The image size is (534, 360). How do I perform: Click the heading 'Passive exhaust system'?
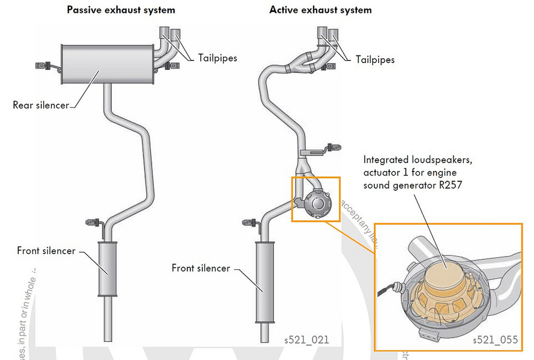tap(121, 10)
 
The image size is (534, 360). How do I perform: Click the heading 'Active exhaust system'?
tap(320, 10)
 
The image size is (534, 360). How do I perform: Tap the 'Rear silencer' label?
tap(41, 105)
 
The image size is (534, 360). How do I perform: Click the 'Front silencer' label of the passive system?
tap(46, 251)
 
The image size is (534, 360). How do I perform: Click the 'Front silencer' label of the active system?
tap(200, 268)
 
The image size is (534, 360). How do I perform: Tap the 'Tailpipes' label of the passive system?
tap(217, 58)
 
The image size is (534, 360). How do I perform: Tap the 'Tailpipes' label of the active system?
tap(375, 60)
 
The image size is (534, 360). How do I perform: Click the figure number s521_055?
tap(495, 340)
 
